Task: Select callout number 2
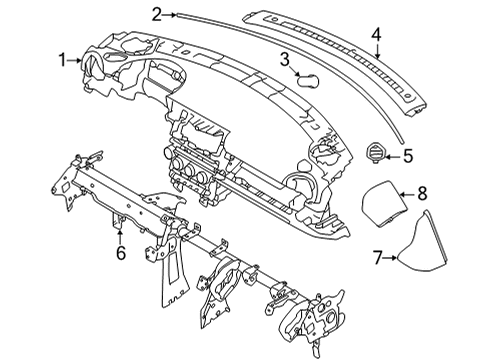tap(156, 13)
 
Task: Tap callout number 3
tap(285, 60)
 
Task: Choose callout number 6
tap(119, 253)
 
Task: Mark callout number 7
tap(379, 258)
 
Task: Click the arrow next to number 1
tap(79, 61)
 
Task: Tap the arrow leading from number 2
tap(170, 13)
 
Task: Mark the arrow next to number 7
tap(392, 258)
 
